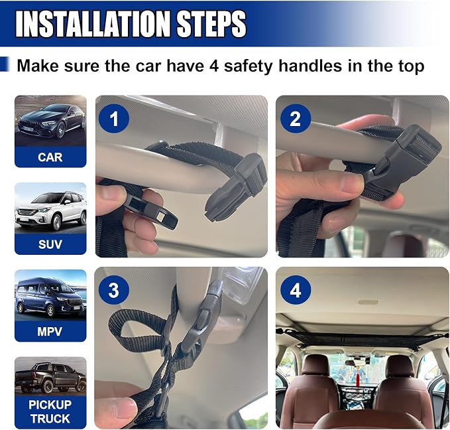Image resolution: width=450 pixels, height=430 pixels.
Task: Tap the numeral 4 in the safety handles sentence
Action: click(214, 66)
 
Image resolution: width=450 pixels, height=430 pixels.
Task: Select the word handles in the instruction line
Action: click(310, 66)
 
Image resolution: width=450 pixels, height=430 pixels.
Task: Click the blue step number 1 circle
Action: click(113, 118)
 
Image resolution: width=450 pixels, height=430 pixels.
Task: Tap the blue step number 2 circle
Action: click(296, 118)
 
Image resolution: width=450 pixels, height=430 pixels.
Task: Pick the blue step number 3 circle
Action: click(113, 289)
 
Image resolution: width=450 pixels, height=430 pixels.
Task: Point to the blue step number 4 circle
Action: click(296, 289)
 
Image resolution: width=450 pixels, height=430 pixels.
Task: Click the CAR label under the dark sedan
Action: click(50, 157)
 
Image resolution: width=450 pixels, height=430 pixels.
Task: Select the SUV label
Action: click(50, 244)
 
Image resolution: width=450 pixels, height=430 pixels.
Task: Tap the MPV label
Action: click(50, 331)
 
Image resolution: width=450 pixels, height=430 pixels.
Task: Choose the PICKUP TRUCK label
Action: click(50, 411)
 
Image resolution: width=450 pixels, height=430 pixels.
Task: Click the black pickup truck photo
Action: click(50, 377)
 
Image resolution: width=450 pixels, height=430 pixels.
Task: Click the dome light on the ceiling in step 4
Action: click(368, 302)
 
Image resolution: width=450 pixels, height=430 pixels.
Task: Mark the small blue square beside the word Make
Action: click(4, 64)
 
